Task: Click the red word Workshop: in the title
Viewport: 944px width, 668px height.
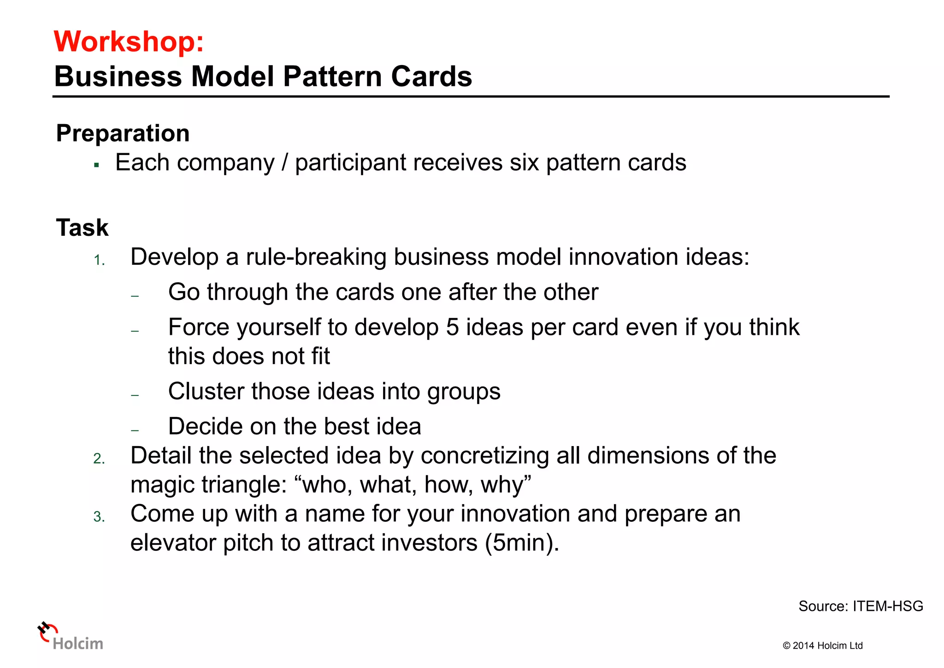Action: [x=129, y=42]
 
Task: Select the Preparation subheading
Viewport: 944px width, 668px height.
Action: [x=123, y=133]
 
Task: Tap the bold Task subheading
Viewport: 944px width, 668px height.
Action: [x=82, y=227]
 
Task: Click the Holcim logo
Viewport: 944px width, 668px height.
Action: [x=71, y=637]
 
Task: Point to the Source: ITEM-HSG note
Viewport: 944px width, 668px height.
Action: [x=860, y=606]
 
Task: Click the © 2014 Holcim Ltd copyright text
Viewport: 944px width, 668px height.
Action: [x=822, y=645]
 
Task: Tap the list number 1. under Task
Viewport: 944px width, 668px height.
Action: [x=99, y=261]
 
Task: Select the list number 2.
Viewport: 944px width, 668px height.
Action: [x=99, y=459]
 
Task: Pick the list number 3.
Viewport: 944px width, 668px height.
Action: [x=99, y=517]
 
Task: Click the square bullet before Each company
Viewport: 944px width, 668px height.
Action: [x=96, y=165]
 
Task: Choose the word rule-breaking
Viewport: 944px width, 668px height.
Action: [x=316, y=257]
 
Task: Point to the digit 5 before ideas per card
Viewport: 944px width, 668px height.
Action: [x=452, y=328]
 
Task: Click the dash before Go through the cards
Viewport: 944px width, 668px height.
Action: [x=135, y=296]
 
